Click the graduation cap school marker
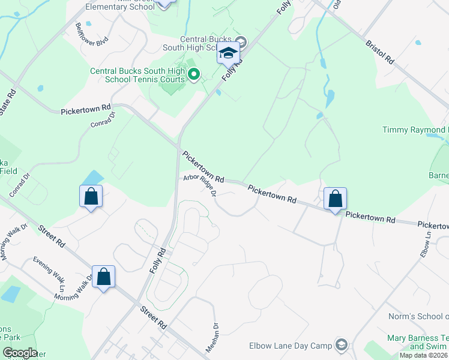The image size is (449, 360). tap(229, 55)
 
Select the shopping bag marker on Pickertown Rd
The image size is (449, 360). tap(335, 199)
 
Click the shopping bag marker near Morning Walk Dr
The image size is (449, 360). tap(103, 277)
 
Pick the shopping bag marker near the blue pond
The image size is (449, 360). tap(91, 196)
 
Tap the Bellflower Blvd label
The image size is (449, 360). tap(91, 34)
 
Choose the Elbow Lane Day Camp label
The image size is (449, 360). tap(290, 346)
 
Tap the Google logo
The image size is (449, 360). tap(20, 353)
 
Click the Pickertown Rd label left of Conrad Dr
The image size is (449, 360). tap(86, 110)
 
